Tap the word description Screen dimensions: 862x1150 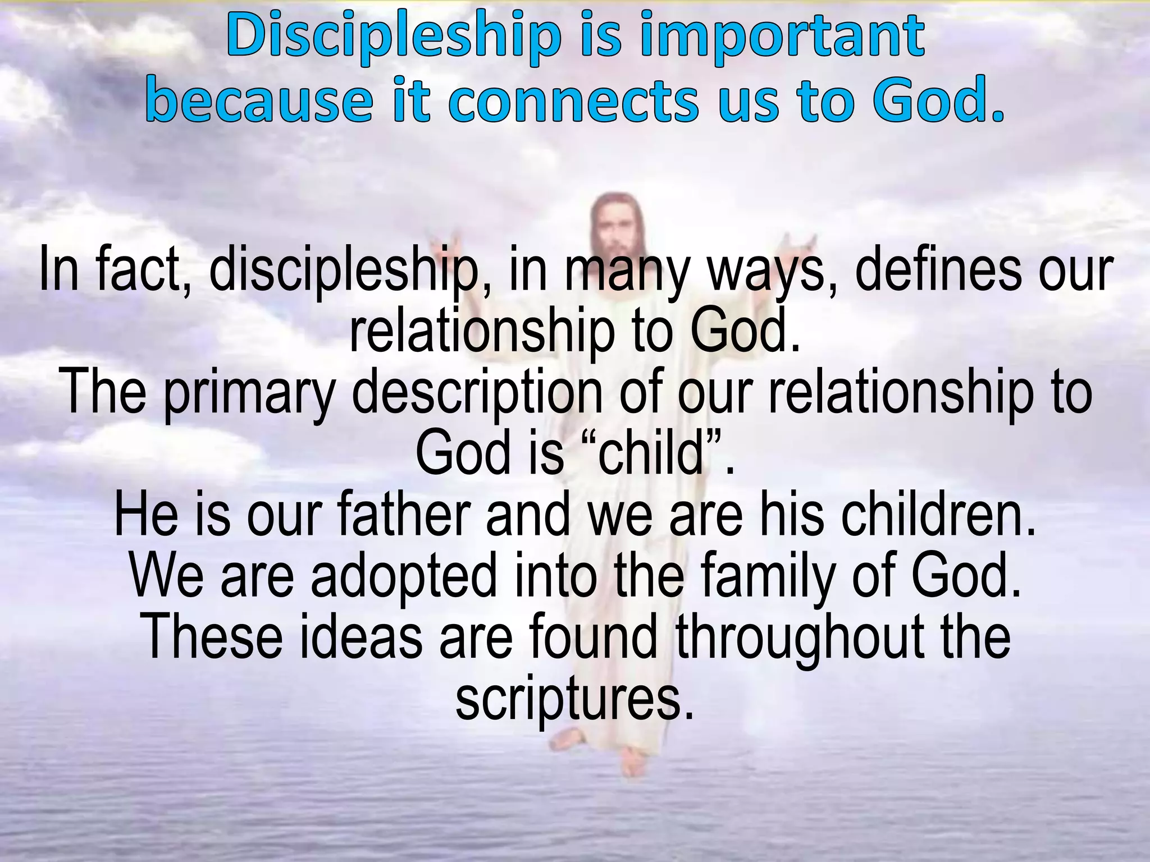[477, 392]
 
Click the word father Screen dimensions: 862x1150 [404, 515]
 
